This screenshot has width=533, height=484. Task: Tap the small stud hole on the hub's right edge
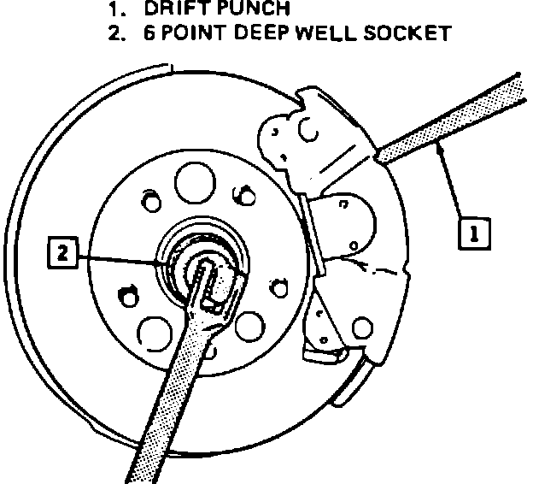273,282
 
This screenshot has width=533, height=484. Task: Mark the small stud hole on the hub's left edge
128,295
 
